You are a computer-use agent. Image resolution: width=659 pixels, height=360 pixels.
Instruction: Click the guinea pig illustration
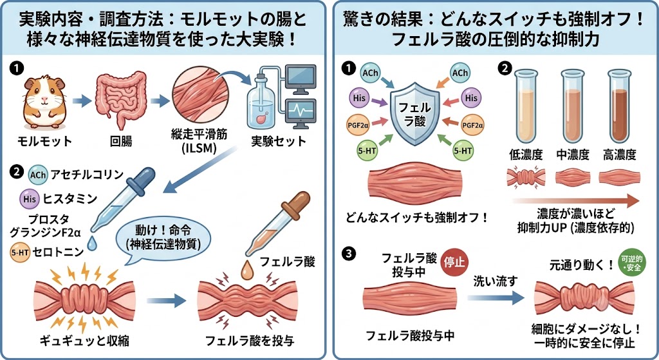(44, 102)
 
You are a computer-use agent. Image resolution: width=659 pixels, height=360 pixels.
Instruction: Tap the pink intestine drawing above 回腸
(121, 99)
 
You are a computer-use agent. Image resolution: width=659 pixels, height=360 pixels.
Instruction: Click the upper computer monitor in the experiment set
(300, 79)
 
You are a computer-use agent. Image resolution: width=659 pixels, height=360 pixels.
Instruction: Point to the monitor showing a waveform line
(300, 113)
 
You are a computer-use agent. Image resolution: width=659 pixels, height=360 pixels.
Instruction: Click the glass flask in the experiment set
(263, 102)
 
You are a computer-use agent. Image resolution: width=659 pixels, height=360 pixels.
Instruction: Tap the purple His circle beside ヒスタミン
(30, 198)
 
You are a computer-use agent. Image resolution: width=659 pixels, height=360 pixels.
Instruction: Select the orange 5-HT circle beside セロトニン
(20, 252)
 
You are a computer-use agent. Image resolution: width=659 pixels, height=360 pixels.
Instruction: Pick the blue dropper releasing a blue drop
(122, 201)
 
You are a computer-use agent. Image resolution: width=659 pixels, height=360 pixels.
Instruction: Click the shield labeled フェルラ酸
(415, 113)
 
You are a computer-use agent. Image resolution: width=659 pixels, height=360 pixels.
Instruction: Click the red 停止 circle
(454, 262)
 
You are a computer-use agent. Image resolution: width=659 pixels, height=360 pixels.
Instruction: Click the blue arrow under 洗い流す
(496, 298)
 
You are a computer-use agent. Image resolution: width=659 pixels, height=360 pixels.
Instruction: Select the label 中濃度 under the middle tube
(573, 155)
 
